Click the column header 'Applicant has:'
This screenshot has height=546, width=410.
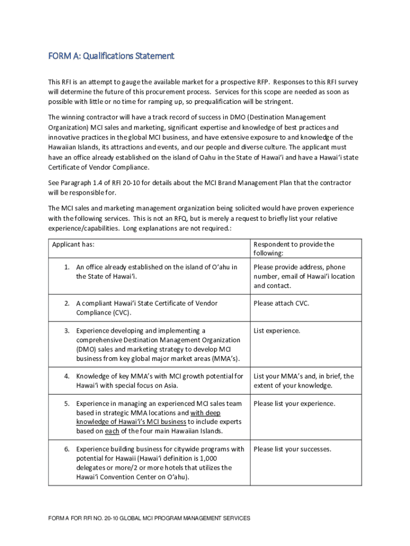77,244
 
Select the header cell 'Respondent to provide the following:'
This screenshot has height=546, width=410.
294,248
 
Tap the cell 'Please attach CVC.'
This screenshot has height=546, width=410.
281,303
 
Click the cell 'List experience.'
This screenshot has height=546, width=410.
276,331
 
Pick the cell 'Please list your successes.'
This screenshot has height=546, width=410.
292,449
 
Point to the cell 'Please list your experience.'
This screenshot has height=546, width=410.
294,404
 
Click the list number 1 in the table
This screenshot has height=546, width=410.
67,267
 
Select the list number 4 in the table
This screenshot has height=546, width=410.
67,376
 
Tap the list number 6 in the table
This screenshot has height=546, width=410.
67,449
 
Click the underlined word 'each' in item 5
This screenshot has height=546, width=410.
112,431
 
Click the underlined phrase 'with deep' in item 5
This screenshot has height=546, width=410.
206,413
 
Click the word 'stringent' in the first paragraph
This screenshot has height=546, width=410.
276,102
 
